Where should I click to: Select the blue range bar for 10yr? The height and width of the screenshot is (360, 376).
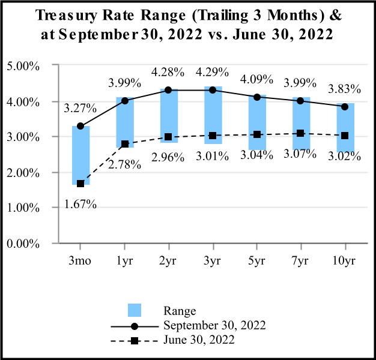click(345, 126)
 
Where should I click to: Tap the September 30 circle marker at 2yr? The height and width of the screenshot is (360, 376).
click(169, 90)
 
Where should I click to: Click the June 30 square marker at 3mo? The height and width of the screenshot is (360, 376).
click(80, 184)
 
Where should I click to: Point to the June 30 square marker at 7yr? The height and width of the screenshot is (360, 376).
click(301, 133)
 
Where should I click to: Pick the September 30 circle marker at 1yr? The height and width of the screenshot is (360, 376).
click(125, 101)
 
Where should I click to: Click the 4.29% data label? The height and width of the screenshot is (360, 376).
click(213, 73)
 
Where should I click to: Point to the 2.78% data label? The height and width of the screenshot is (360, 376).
click(125, 163)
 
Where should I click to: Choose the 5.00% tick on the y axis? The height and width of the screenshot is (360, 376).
click(22, 66)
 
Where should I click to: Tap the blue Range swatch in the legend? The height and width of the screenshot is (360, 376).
click(135, 310)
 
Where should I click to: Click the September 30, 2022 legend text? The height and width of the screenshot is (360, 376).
click(214, 325)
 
